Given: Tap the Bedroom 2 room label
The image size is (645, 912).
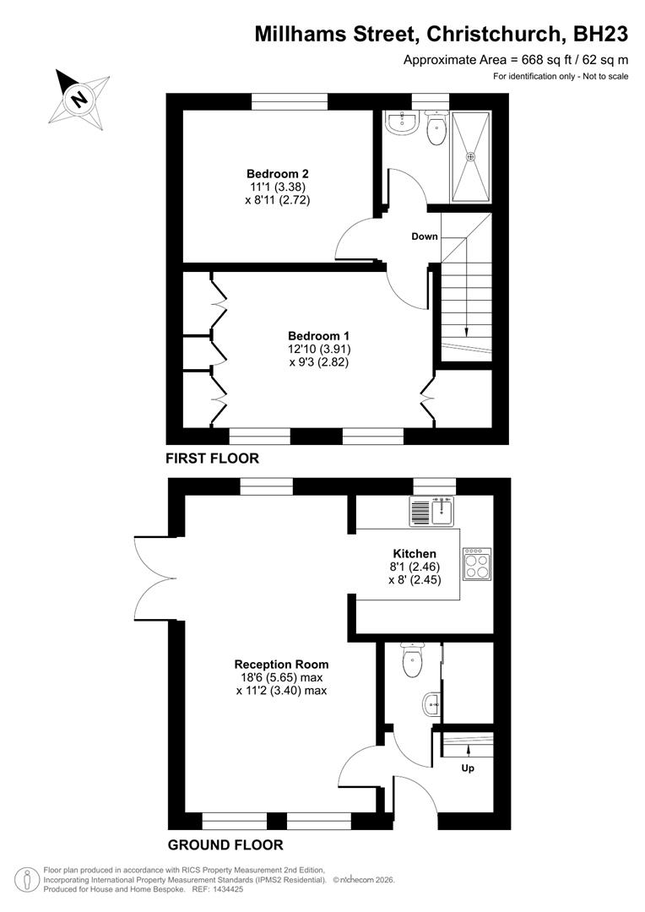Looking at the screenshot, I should tap(272, 175).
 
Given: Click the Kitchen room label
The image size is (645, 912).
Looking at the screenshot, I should tap(415, 554).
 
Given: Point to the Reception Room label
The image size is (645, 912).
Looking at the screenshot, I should tap(281, 664).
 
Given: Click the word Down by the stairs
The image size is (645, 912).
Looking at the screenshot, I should tap(425, 236).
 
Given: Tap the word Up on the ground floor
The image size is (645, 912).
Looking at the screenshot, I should tap(467, 768).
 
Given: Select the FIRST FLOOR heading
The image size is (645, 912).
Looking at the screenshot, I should tap(213, 459).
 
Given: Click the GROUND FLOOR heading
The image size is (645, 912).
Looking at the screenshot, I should tap(225, 844).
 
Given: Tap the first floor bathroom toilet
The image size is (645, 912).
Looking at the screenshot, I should tap(436, 130).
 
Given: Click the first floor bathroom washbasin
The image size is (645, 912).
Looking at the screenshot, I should tap(403, 124).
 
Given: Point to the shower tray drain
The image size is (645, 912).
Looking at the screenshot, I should tap(471, 156).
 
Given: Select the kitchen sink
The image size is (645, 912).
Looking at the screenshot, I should tap(433, 510).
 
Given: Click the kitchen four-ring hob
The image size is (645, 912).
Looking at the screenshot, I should tap(477, 563).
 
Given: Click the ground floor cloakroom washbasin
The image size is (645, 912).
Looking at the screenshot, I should tap(431, 701).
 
